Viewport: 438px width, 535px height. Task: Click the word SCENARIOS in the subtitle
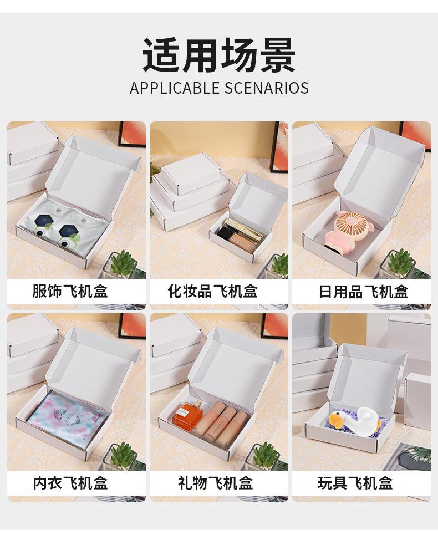tap(267, 88)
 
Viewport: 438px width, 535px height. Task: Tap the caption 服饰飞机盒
tap(70, 291)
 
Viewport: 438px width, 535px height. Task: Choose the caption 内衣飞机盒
tap(70, 483)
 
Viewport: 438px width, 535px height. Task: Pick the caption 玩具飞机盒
tap(355, 483)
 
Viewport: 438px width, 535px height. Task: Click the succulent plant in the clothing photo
tap(123, 263)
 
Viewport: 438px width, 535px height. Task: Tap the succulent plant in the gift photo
tap(263, 456)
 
